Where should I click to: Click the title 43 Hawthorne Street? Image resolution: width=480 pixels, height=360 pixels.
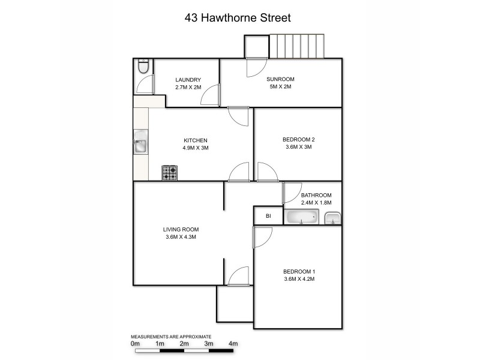238,18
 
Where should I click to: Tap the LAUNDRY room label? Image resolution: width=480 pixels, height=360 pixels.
188,80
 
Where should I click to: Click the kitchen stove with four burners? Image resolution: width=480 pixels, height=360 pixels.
170,173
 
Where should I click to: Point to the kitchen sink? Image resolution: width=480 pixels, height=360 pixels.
140,145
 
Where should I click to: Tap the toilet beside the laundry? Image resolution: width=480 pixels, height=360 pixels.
142,67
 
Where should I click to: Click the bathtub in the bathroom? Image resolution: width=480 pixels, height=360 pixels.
302,217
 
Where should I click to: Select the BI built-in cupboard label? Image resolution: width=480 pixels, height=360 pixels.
268,217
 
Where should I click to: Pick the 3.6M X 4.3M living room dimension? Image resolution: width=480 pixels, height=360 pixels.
181,237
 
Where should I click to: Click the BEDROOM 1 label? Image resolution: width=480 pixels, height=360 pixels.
299,271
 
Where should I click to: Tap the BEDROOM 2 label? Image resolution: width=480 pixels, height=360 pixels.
299,140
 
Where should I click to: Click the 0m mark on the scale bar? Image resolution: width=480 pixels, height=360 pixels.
135,344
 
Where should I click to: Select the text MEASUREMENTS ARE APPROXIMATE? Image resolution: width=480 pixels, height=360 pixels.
172,337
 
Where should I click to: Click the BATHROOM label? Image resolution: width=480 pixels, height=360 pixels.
316,195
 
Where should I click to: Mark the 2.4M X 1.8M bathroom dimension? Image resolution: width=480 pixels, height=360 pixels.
316,202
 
